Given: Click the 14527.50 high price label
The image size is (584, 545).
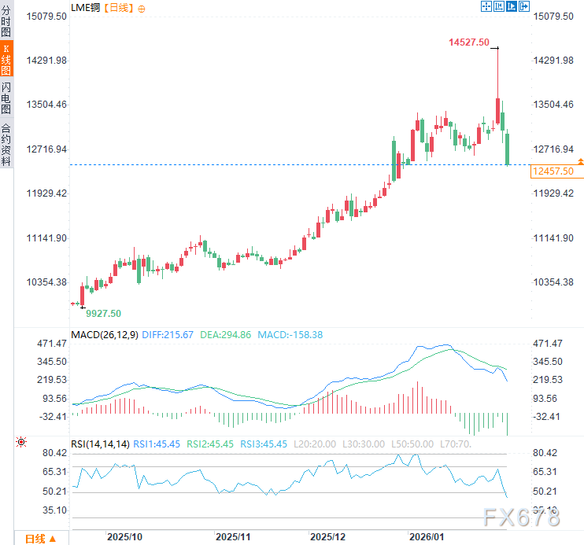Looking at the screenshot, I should [469, 42].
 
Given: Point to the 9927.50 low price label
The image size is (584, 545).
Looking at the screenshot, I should [103, 313].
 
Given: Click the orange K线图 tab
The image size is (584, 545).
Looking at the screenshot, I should [6, 59].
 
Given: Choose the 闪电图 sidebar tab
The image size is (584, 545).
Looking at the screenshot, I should [6, 98].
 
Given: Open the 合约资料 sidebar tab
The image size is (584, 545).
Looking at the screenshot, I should [6, 144].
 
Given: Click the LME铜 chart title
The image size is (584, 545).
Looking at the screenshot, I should [86, 7].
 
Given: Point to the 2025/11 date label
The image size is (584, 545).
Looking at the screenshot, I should [233, 536].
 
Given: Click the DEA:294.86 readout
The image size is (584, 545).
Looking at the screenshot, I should [226, 334].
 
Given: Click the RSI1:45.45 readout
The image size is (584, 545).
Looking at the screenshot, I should [157, 444].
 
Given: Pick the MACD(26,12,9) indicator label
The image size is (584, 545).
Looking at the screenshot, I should [105, 334].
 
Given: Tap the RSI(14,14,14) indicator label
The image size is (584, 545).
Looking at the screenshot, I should [100, 444].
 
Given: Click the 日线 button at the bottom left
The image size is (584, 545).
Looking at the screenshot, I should [40, 539].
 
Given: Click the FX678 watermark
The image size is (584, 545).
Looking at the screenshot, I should [520, 517].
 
